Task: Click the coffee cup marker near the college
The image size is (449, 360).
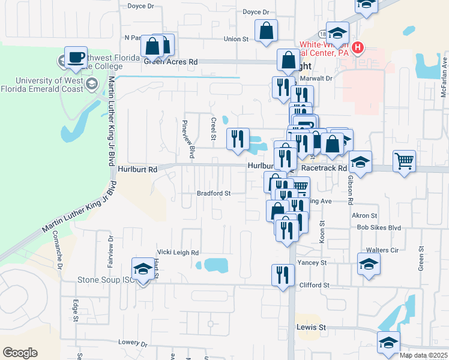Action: point(76,57)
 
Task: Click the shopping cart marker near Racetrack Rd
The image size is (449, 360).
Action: point(405,160)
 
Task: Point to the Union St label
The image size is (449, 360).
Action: point(236,39)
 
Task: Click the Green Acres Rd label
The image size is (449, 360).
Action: point(170,61)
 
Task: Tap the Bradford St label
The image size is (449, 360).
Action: point(214,193)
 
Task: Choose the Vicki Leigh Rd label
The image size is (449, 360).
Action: point(178,253)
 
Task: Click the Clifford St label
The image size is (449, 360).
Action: point(313,285)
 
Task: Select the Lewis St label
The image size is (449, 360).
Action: point(311,328)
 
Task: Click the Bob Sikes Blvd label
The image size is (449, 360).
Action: point(378,228)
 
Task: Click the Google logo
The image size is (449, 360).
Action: point(19,353)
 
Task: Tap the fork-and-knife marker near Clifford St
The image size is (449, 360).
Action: point(283,274)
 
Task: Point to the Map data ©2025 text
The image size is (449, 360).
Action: point(423,355)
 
